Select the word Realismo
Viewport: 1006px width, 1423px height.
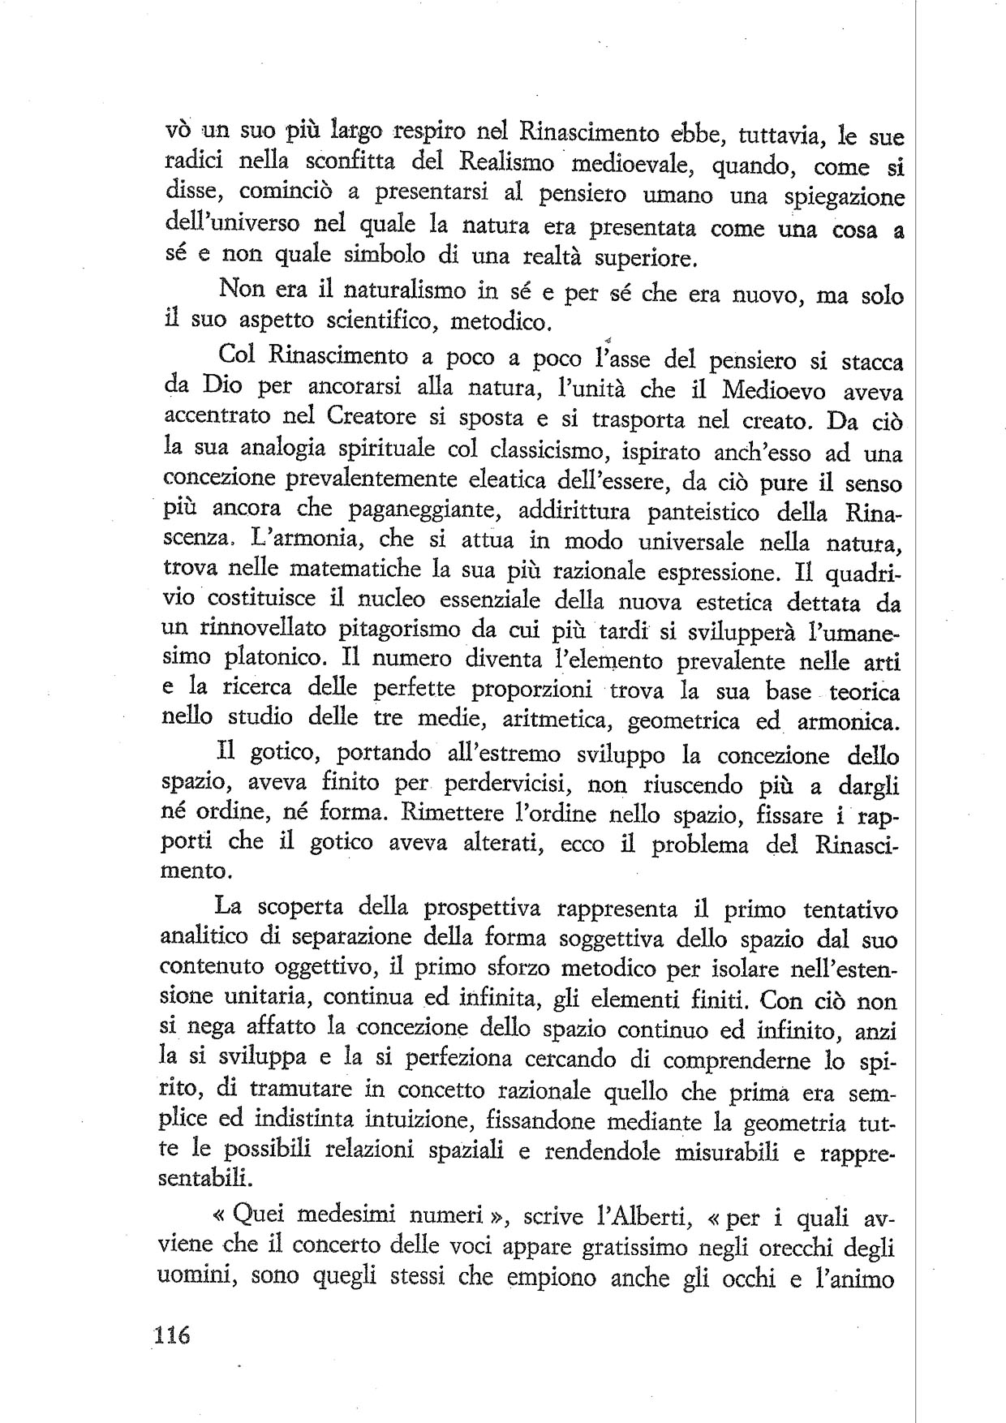click(x=506, y=161)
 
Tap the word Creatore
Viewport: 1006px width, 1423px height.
click(x=373, y=418)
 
